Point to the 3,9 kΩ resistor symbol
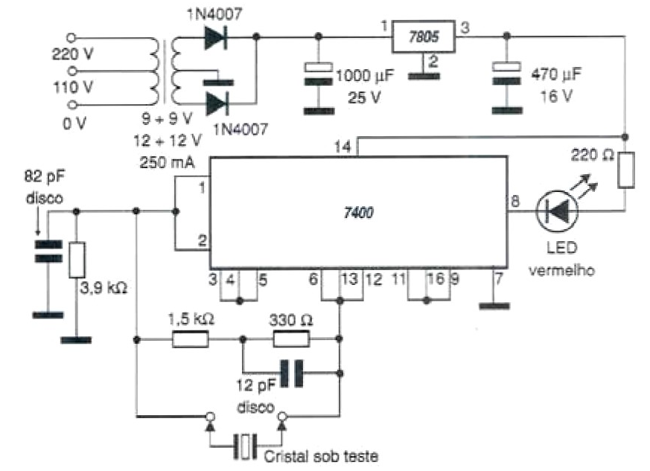point(75,260)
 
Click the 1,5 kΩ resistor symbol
point(191,340)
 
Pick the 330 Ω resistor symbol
point(291,340)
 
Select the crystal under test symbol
point(245,446)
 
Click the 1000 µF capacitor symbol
point(319,77)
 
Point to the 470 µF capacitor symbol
point(507,77)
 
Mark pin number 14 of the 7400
point(344,149)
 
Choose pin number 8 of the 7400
point(515,201)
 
